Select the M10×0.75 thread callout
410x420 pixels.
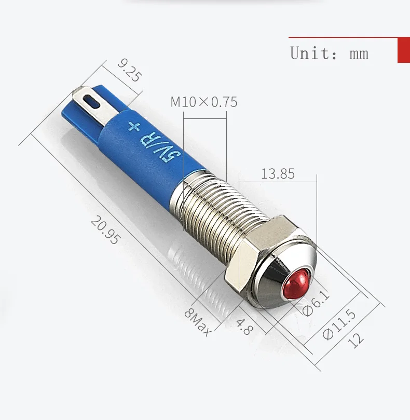tap(204, 102)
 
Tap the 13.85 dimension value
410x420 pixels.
tap(278, 173)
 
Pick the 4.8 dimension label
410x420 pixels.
tap(243, 326)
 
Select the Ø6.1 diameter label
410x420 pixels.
tap(316, 303)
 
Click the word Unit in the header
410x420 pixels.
tap(309, 53)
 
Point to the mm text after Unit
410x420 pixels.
tap(359, 53)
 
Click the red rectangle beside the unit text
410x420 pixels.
tap(403, 50)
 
